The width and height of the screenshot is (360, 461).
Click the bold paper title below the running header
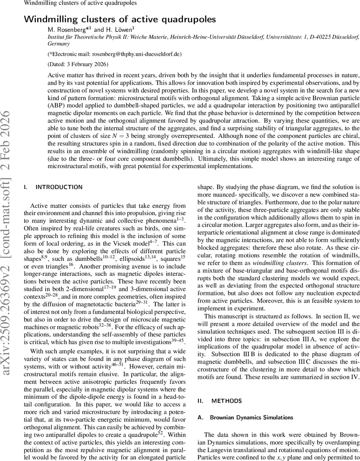coord(120,19)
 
